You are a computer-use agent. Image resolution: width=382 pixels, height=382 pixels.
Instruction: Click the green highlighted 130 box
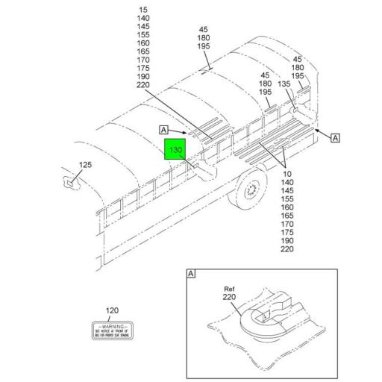pos(175,151)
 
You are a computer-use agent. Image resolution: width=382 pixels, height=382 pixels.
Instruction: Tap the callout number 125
pos(85,165)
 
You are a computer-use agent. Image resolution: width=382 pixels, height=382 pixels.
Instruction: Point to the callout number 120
pos(112,310)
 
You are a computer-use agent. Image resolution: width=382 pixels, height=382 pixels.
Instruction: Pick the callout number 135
pos(284,84)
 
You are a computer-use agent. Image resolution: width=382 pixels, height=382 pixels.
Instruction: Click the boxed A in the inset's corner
pos(191,275)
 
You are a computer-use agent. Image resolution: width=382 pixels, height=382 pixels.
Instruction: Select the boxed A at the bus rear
pos(335,137)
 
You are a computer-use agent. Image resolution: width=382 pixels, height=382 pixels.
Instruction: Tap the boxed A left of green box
pos(163,130)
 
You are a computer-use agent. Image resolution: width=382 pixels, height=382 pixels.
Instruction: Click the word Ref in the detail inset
pos(229,288)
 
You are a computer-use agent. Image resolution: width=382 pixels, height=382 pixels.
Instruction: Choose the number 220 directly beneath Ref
pos(229,297)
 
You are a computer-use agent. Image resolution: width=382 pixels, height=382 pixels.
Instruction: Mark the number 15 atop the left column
pos(143,8)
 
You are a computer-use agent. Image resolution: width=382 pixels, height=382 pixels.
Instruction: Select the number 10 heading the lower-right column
pos(288,174)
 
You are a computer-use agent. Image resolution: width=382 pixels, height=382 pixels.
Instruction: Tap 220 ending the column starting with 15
pos(143,84)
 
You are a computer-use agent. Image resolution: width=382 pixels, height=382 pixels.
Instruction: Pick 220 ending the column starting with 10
pos(288,249)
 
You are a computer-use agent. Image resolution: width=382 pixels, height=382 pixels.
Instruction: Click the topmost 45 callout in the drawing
pos(203,30)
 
